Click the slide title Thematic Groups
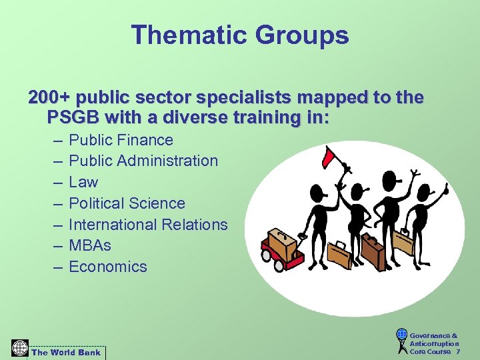tap(240, 35)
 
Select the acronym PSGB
tap(75, 118)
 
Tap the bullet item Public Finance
tap(121, 140)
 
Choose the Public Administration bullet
tap(143, 161)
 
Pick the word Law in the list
tap(83, 182)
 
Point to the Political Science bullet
tap(127, 203)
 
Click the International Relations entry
tap(148, 225)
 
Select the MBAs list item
tap(90, 245)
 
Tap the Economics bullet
tap(107, 267)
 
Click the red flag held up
tap(329, 157)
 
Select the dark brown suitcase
tap(371, 251)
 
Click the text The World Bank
tap(66, 352)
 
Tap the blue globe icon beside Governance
tap(401, 335)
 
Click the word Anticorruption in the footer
tap(434, 343)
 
